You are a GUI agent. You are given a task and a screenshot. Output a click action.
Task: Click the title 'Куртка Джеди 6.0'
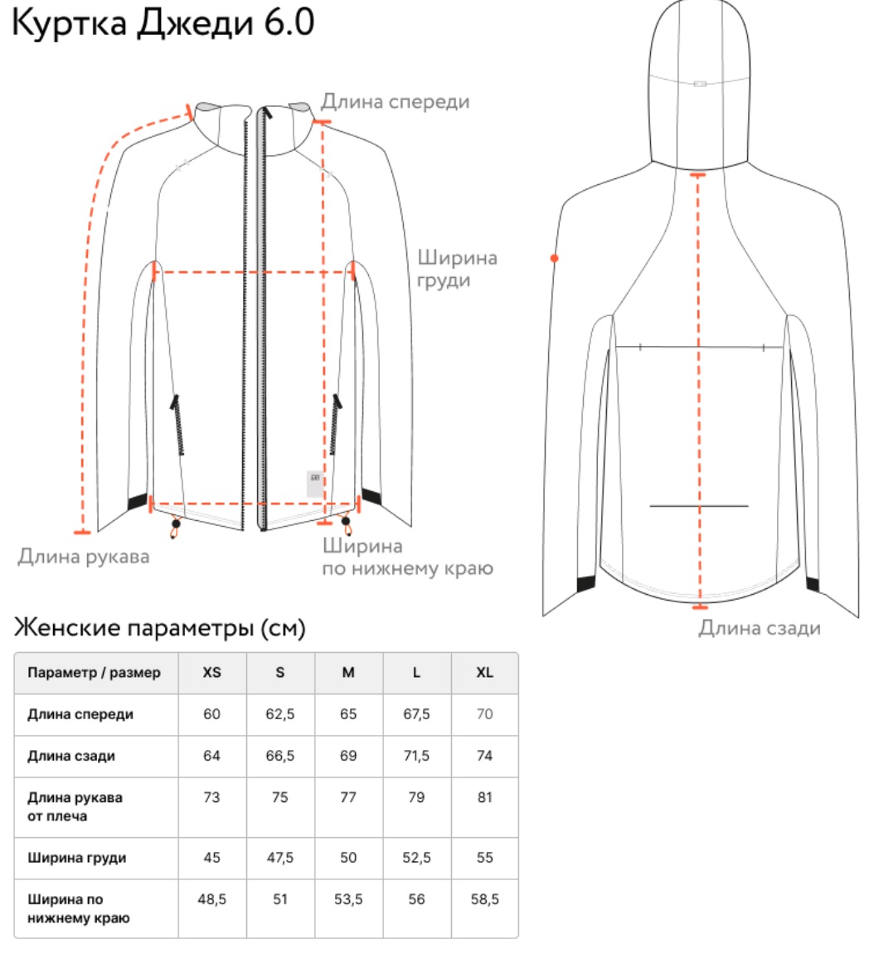(x=163, y=23)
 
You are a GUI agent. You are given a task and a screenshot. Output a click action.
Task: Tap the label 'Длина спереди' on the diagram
(x=396, y=101)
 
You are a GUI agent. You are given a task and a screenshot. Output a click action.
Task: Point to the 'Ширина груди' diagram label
(x=457, y=269)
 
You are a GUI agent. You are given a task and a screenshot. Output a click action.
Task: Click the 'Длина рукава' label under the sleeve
(x=83, y=557)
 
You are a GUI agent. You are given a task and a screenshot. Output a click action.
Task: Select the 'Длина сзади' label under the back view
(x=760, y=627)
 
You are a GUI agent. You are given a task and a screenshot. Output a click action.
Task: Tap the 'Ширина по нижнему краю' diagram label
(x=407, y=557)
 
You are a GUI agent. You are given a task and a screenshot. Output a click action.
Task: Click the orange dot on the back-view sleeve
(x=554, y=259)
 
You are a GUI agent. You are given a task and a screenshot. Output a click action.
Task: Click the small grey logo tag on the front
(x=315, y=484)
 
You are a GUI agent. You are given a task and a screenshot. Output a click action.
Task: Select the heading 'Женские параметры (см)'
(x=159, y=628)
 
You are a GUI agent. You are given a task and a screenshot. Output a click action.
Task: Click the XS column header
(x=211, y=672)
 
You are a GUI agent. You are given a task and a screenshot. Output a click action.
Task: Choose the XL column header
(x=485, y=672)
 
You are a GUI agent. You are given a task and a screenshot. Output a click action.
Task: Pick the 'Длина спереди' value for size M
(x=348, y=713)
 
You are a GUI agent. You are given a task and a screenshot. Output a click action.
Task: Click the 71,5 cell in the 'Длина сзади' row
(x=416, y=756)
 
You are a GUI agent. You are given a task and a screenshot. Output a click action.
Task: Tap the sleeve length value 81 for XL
(x=485, y=797)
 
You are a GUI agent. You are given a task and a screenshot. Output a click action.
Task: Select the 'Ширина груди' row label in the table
(x=76, y=858)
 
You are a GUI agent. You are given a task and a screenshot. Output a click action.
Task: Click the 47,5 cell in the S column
(x=279, y=857)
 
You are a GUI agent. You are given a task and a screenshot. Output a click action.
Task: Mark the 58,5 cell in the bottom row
(x=485, y=899)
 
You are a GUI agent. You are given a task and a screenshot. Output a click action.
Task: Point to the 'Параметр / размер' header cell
(x=95, y=673)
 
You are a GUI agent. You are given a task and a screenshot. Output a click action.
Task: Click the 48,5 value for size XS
(x=211, y=899)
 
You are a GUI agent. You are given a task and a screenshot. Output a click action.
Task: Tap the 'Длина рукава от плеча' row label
(x=75, y=807)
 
